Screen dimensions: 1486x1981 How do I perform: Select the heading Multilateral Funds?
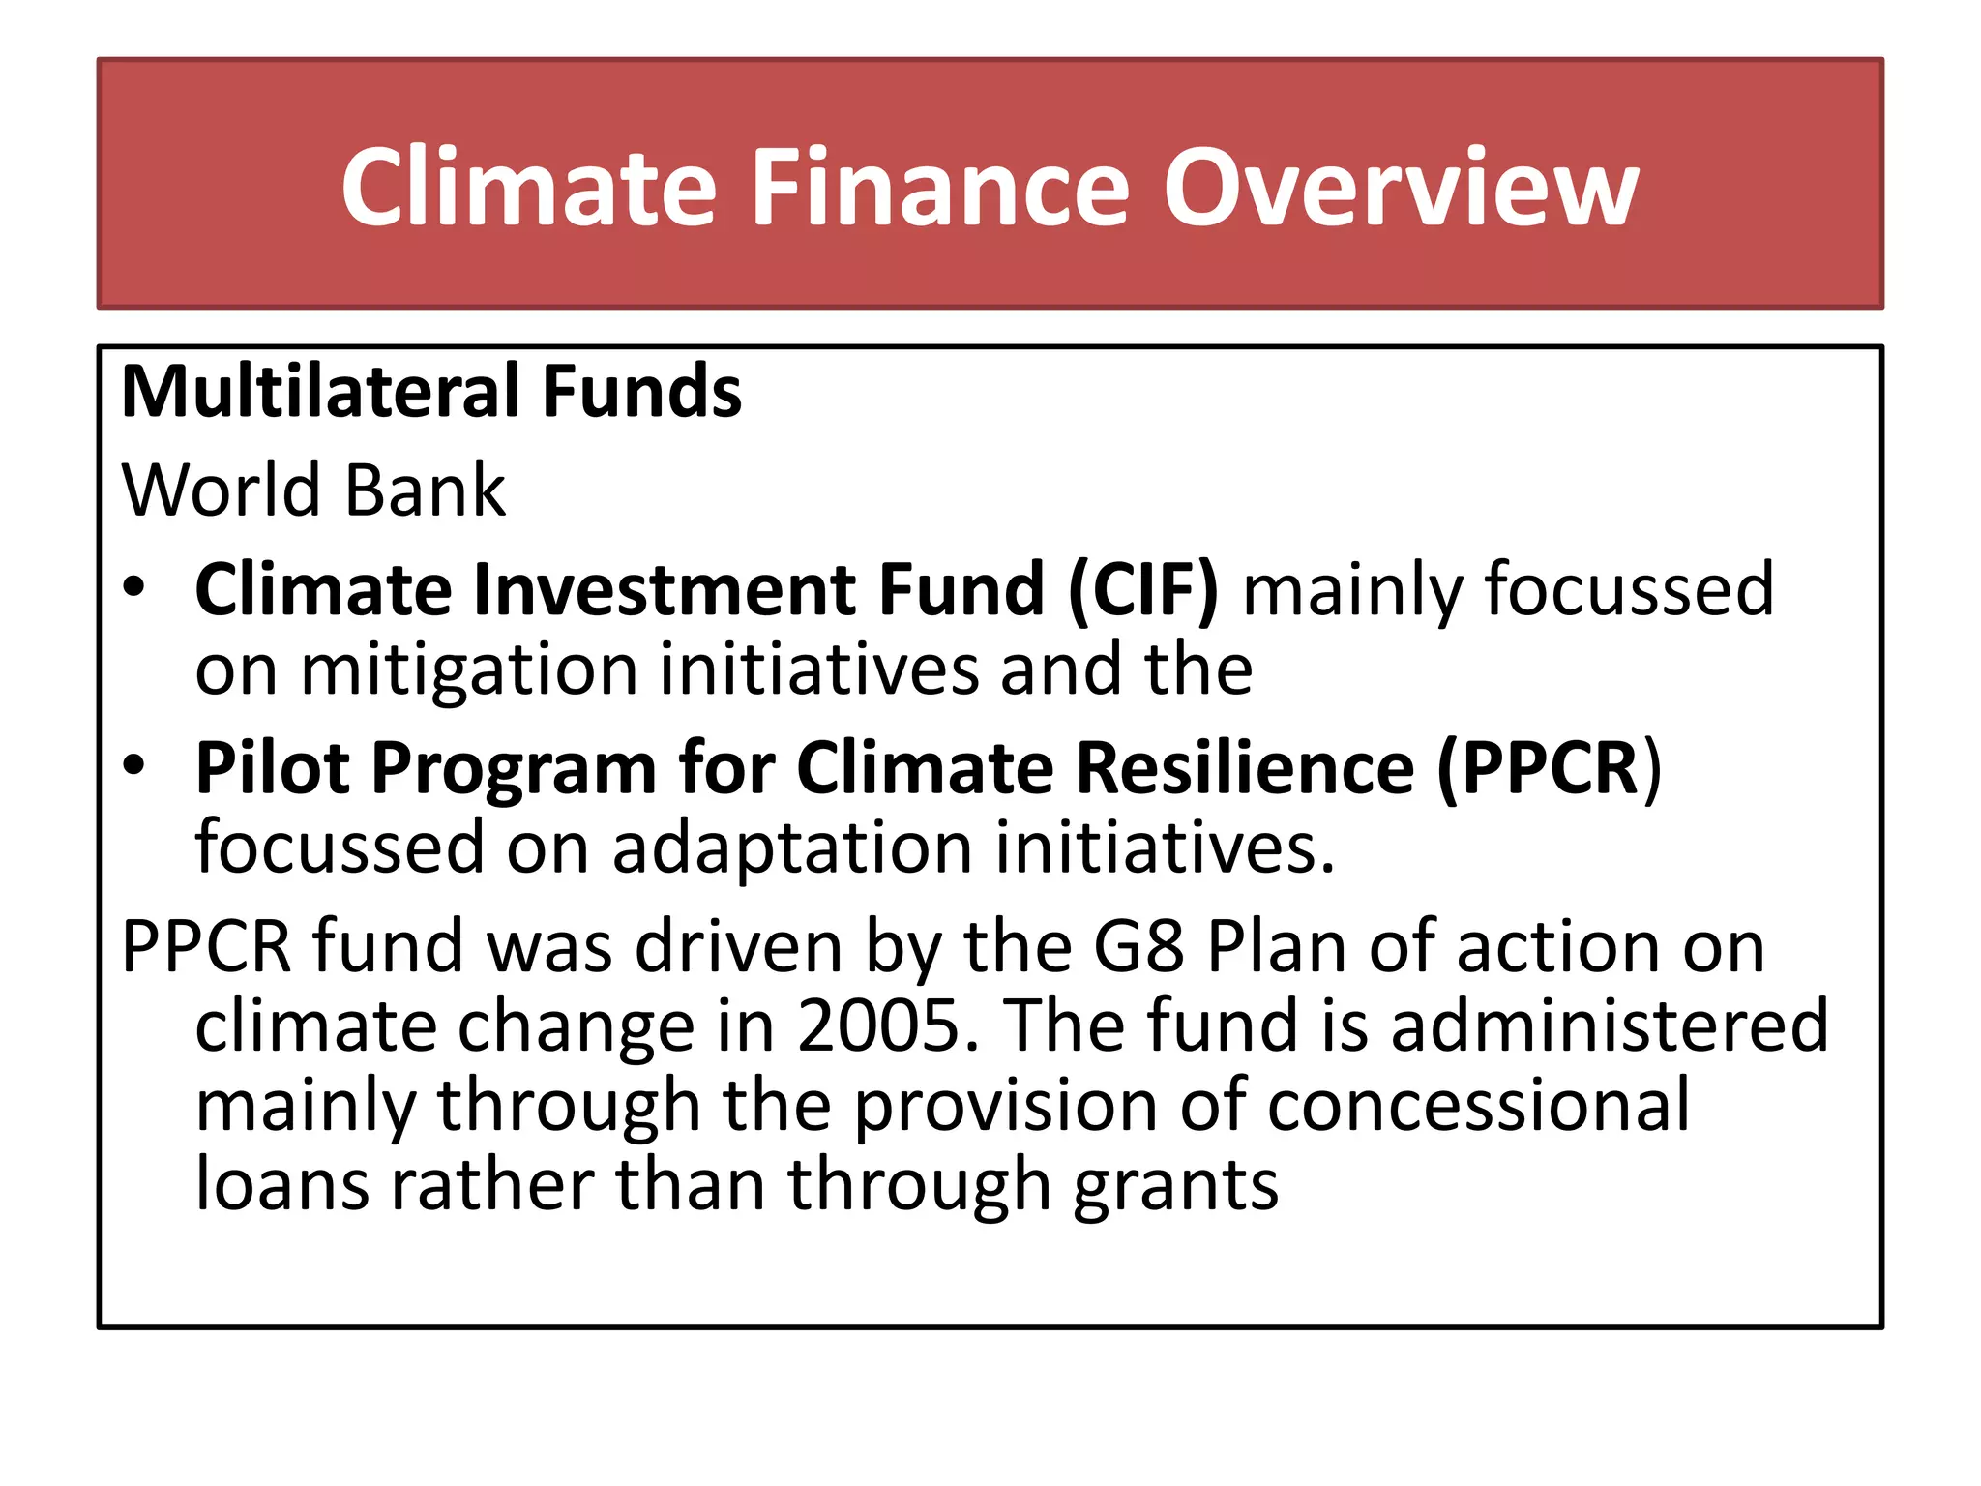coord(431,392)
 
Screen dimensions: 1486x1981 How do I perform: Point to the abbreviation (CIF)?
coord(1143,589)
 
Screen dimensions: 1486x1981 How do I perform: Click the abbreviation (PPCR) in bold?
coord(1548,768)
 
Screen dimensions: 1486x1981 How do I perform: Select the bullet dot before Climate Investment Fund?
coord(134,586)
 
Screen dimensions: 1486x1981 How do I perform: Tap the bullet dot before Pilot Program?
coord(134,765)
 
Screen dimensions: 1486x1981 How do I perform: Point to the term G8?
coord(1138,946)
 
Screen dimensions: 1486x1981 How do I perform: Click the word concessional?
coord(1479,1105)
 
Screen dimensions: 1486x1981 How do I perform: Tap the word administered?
coord(1610,1025)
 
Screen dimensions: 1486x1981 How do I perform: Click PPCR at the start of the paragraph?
coord(206,946)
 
